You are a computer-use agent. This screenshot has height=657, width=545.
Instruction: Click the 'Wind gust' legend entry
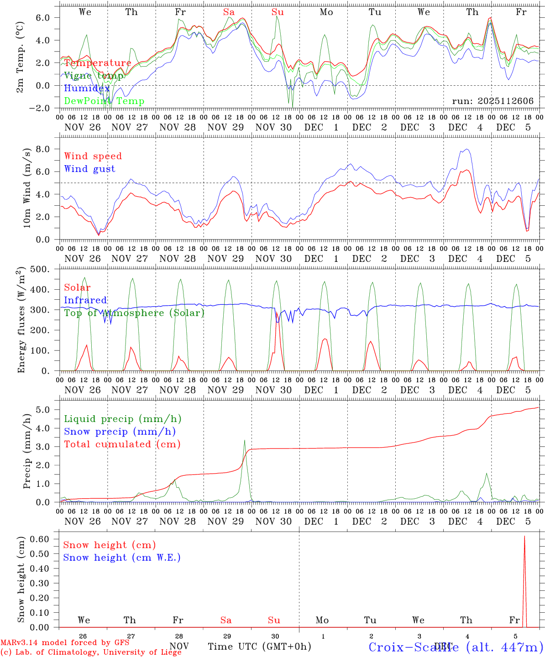tap(89, 169)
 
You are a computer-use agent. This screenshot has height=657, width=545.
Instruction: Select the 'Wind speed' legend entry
tap(93, 156)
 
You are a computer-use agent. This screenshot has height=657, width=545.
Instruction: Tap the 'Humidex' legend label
tap(87, 89)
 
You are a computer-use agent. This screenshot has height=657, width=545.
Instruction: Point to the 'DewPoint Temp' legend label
tap(104, 101)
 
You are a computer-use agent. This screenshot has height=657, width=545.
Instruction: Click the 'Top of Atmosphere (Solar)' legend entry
tap(134, 313)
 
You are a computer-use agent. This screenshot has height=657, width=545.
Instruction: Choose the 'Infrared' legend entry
tap(85, 300)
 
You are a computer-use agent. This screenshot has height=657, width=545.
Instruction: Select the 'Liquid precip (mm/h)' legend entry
tap(122, 419)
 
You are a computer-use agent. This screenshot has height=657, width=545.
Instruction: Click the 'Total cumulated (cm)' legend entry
tap(122, 444)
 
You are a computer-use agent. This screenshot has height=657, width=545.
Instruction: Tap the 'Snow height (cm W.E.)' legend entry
tap(121, 558)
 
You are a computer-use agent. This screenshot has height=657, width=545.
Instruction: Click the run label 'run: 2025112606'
tap(493, 101)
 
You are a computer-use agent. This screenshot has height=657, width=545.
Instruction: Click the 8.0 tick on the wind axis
tap(48, 149)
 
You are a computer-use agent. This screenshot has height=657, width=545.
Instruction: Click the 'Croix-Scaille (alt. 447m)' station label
tap(456, 647)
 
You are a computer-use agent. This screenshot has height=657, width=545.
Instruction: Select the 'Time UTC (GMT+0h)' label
tap(259, 647)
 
